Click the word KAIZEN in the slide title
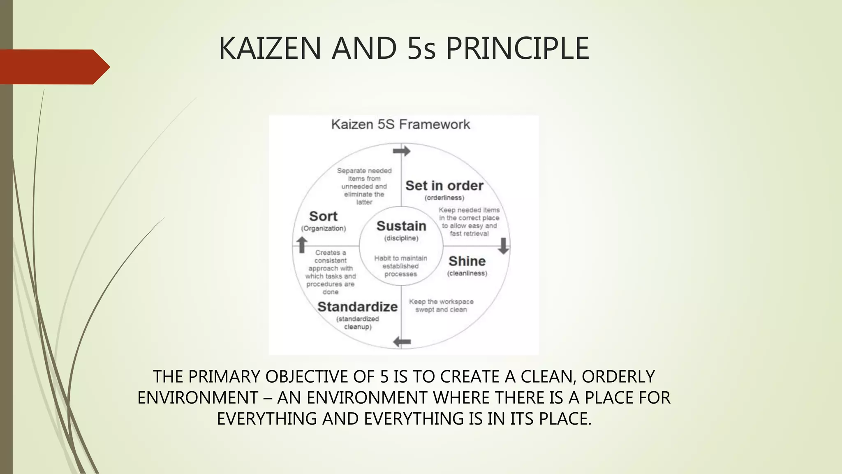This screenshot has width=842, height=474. tap(269, 49)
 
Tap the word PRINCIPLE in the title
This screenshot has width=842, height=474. tap(517, 49)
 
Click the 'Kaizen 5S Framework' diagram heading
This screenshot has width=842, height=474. tap(400, 124)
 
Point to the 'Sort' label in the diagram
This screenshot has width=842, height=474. tap(323, 216)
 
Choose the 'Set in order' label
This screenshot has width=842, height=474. tap(444, 186)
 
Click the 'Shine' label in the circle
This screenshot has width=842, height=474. tap(467, 261)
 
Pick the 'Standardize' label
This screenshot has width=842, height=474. tap(357, 307)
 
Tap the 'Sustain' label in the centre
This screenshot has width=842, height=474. tap(401, 226)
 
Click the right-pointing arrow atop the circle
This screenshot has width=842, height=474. tap(402, 151)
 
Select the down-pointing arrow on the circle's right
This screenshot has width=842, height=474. tap(503, 246)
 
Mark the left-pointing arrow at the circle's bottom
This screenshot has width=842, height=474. tap(402, 342)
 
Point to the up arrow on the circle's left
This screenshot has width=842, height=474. tap(302, 244)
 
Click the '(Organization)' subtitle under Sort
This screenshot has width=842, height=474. tap(324, 229)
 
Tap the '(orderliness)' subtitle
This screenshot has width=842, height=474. tap(444, 198)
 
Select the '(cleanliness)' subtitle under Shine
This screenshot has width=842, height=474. tap(467, 274)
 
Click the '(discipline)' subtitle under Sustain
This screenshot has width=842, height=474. tap(401, 238)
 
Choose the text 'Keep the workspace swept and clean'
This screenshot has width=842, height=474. tap(441, 306)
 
